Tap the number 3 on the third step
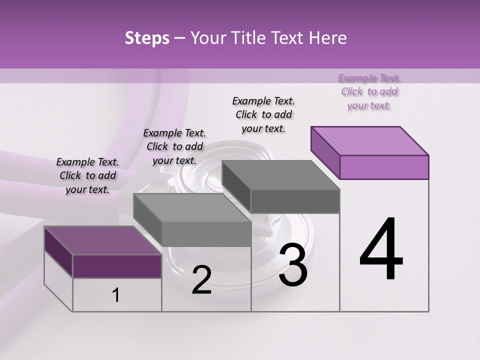coord(292,265)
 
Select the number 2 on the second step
coord(201,280)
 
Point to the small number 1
coord(116,295)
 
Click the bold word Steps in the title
coord(147,38)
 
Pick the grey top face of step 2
coord(192,207)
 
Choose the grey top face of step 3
coord(280,175)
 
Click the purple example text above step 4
coord(369,92)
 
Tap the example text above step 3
coord(263,114)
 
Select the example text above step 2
coord(174,146)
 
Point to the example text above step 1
coord(87,176)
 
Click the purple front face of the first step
coord(117,266)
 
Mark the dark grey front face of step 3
coord(295,201)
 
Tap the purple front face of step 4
coord(384,167)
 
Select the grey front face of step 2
coord(206,234)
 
